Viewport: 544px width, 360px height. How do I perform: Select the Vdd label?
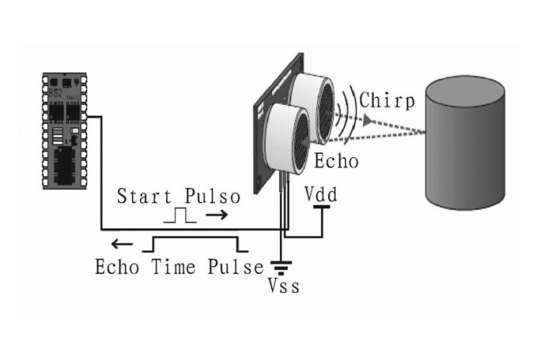[x=320, y=191]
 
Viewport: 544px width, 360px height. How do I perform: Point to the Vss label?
[x=284, y=286]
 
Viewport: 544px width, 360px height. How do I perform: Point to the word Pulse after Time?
[x=235, y=267]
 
